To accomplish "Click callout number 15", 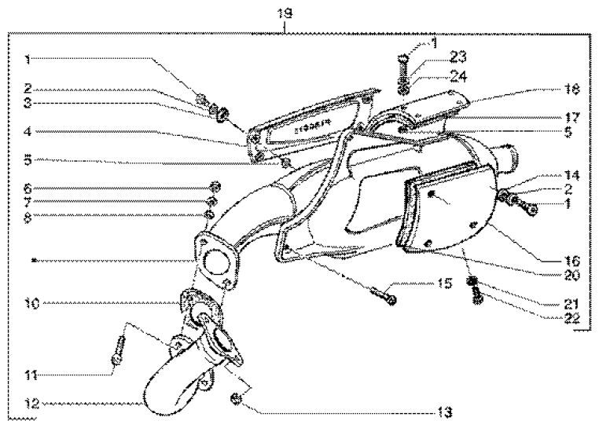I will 423,283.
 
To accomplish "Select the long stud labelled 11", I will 119,347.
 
